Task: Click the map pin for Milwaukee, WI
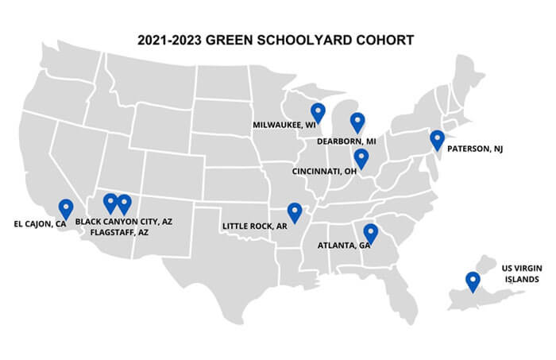tap(318, 113)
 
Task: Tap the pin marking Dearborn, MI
tap(357, 122)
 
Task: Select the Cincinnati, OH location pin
tap(361, 157)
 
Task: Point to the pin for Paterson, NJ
tap(437, 139)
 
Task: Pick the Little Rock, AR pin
tap(295, 211)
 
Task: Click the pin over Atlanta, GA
tap(370, 232)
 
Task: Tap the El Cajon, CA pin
tap(66, 207)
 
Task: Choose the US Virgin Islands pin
tap(473, 281)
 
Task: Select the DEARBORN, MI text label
tap(346, 141)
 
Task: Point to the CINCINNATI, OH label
tap(324, 170)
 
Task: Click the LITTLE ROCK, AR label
tap(256, 226)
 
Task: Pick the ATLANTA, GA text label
tap(344, 245)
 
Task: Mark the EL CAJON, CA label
tap(40, 224)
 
